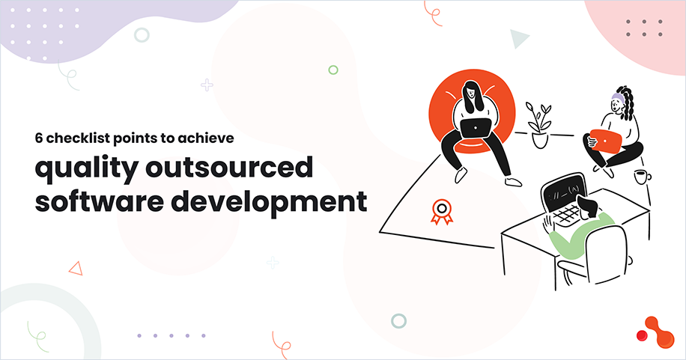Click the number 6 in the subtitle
[38, 138]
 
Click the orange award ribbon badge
[442, 211]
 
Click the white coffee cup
[642, 177]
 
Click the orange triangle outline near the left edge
[75, 267]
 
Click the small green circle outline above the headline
[333, 70]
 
